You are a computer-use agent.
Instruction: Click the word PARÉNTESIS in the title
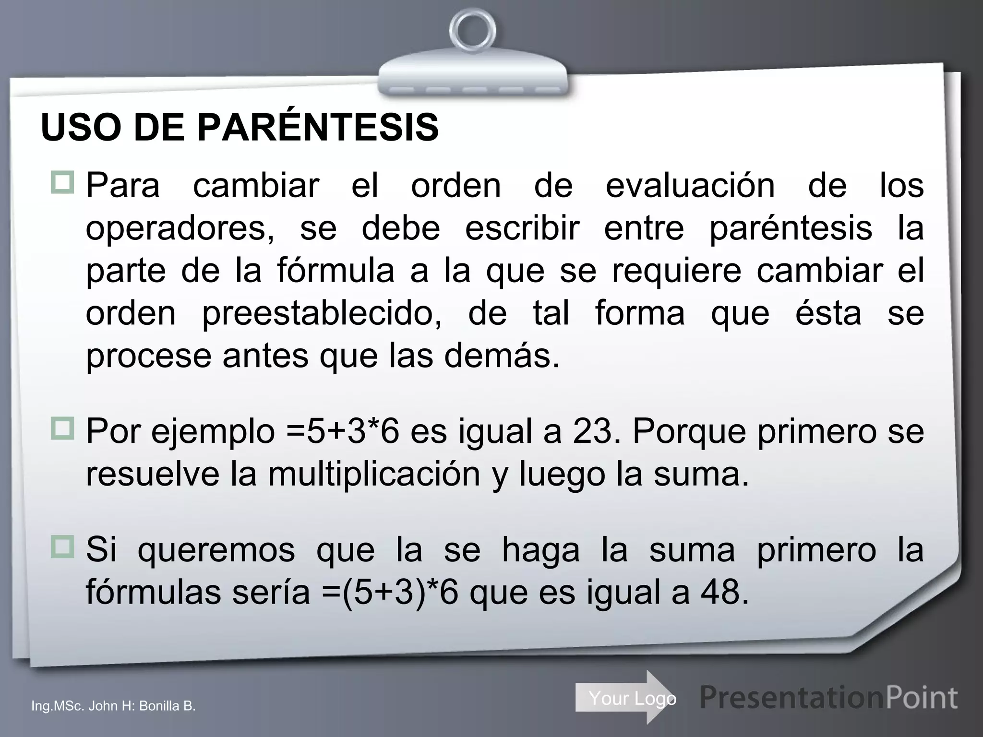pos(318,128)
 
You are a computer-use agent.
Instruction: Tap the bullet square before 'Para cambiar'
pos(62,182)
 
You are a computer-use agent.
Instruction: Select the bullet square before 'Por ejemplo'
pos(62,428)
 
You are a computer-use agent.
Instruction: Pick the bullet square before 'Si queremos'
pos(62,547)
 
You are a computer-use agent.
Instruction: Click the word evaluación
pos(690,186)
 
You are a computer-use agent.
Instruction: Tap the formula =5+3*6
pos(343,431)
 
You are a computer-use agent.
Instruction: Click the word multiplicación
pos(374,474)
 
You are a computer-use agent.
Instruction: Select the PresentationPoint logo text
pos(828,697)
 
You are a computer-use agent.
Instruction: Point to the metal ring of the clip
pos(473,31)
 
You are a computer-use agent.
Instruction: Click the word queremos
pos(216,550)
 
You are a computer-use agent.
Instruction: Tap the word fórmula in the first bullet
pos(336,271)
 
